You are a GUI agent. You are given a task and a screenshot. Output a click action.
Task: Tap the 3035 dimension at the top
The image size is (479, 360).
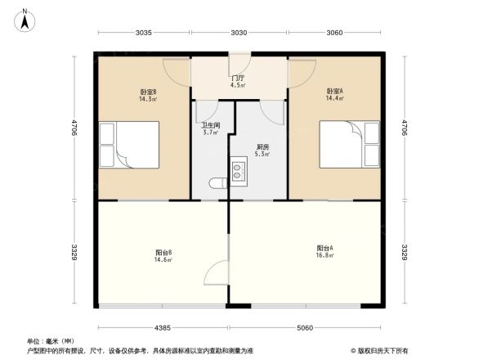pos(144,33)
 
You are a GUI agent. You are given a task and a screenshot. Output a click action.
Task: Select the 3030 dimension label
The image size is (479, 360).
pos(239,33)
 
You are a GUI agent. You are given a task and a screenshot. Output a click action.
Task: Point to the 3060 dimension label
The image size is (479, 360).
pos(334,33)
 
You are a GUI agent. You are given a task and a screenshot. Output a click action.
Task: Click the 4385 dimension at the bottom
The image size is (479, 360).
pos(163,328)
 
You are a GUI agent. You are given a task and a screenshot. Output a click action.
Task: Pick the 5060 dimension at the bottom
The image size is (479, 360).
pos(305,328)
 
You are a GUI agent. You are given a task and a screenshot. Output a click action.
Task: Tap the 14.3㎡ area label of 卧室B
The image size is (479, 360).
pos(148,99)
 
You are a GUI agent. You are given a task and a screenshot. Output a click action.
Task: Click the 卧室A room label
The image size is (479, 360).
pos(334,91)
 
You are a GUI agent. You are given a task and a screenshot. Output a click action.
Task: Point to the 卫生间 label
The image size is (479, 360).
pos(210,125)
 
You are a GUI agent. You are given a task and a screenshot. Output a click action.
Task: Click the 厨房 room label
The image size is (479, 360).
pos(262,146)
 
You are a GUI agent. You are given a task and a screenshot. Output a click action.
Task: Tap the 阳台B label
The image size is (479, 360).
pos(163,252)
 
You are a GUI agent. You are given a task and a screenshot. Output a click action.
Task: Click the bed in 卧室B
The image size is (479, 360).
pos(128,144)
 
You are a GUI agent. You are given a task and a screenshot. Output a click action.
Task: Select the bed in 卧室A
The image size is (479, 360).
pos(349,144)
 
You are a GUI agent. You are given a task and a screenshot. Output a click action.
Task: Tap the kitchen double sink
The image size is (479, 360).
pos(239,171)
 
